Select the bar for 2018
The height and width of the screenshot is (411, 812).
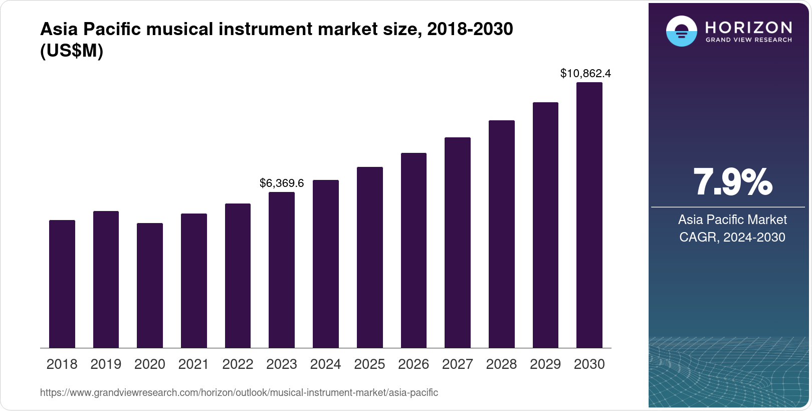point(62,284)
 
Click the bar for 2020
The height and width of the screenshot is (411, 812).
point(150,285)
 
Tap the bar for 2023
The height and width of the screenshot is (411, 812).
point(282,270)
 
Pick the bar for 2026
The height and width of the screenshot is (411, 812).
point(414,250)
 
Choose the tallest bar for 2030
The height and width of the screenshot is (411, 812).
point(589,215)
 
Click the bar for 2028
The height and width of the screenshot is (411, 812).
point(502,234)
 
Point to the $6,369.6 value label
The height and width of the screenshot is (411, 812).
point(282,183)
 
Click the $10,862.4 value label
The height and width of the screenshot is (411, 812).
point(585,74)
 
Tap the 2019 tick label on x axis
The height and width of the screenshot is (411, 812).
point(106,364)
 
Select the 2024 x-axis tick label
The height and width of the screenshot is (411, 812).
point(325,364)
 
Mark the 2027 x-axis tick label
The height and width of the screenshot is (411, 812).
point(458,364)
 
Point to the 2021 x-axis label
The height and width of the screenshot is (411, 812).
point(193,364)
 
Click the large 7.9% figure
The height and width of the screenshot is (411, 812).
point(732,182)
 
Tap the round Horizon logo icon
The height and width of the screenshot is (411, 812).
point(681,32)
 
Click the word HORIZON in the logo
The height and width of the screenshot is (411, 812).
point(748,27)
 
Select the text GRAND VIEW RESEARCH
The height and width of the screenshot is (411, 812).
point(748,40)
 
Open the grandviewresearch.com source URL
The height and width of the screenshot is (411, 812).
point(239,393)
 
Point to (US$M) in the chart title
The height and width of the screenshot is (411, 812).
point(72,51)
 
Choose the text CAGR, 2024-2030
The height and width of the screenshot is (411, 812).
point(732,237)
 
